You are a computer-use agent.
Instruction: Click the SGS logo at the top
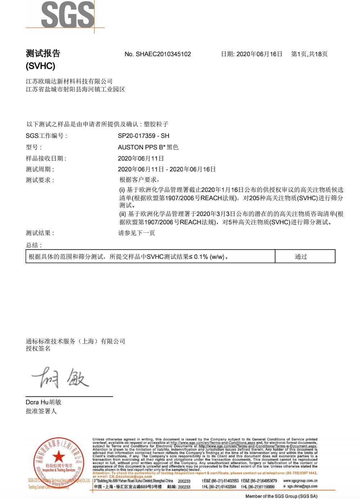tap(68, 15)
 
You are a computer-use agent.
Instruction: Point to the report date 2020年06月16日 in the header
tap(259, 54)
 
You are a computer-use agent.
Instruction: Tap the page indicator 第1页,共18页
tap(309, 54)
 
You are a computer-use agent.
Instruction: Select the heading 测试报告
tap(43, 54)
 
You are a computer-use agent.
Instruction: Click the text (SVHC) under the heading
tap(40, 66)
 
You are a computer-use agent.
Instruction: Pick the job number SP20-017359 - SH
tap(143, 136)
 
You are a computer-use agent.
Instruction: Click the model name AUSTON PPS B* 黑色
tap(148, 147)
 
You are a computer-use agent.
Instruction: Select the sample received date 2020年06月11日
tap(141, 158)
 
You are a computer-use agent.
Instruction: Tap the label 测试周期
tap(40, 169)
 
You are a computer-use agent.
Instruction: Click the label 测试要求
tap(40, 180)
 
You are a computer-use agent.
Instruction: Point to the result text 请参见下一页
tap(136, 233)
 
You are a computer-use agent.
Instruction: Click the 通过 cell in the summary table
tap(301, 257)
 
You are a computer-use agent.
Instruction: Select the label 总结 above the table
tap(33, 245)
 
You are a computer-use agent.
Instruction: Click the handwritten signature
tap(60, 378)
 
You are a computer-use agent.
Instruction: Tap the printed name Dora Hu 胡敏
tap(43, 402)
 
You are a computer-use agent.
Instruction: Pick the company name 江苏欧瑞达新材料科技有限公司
tap(69, 81)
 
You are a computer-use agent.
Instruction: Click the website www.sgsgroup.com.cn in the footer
tap(300, 481)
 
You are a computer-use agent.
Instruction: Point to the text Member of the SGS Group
tap(281, 496)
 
